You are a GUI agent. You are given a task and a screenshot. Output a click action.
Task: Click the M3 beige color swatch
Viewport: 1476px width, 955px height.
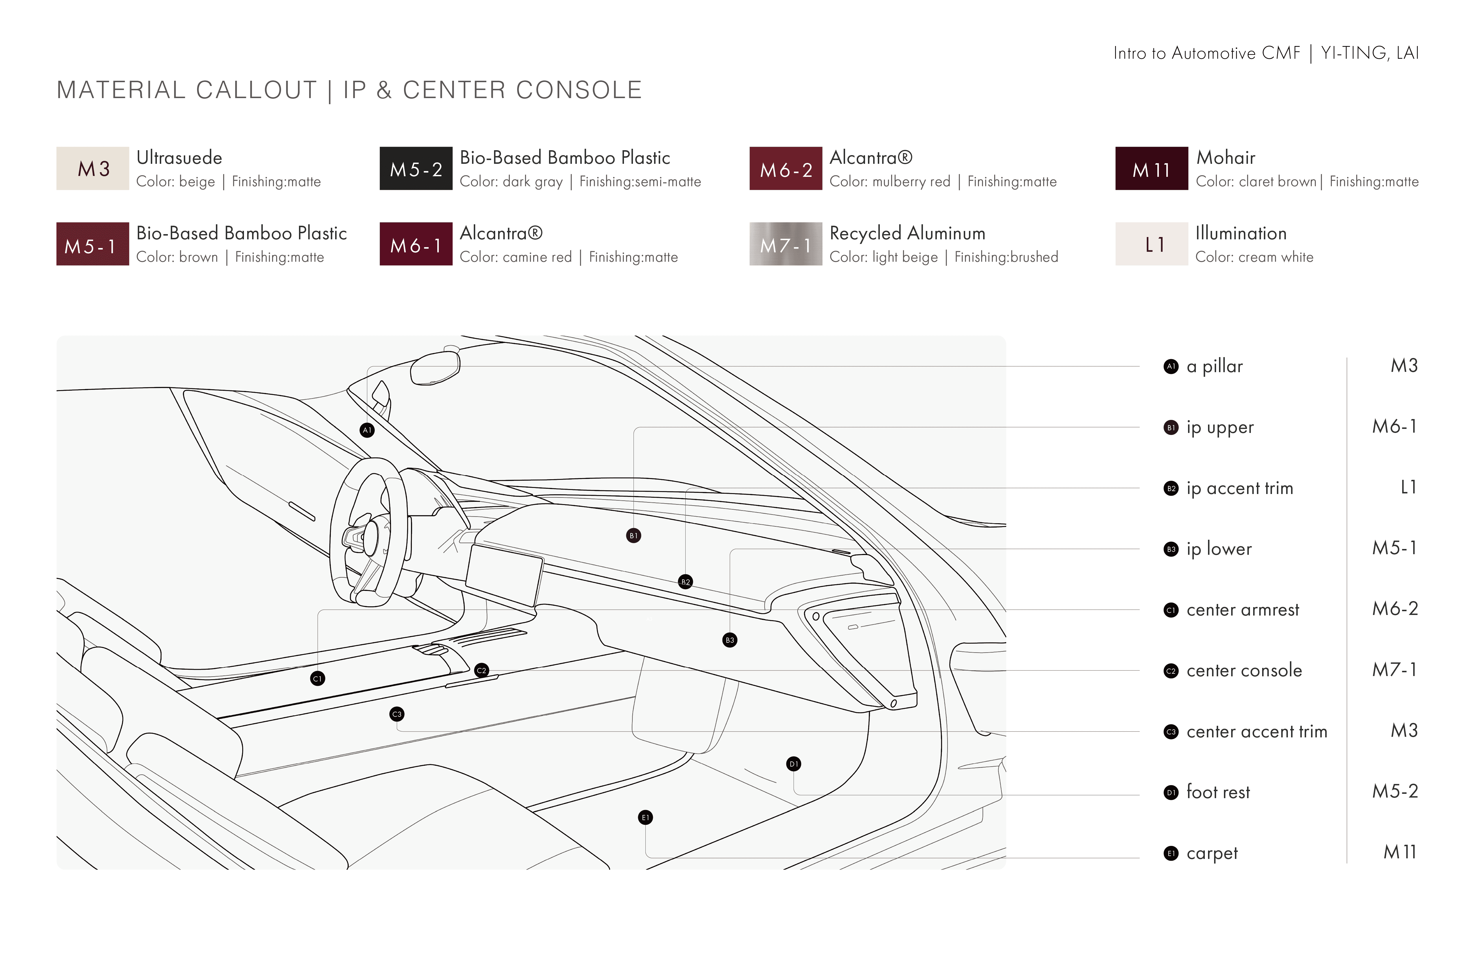click(92, 168)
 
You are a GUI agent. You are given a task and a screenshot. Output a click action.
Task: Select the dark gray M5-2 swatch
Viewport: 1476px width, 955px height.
click(416, 168)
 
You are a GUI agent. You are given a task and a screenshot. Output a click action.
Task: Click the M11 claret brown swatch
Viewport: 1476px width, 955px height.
click(1151, 168)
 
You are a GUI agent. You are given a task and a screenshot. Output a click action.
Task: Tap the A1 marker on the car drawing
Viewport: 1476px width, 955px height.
click(367, 430)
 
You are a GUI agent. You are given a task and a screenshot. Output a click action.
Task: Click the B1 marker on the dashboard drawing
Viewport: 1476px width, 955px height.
click(633, 535)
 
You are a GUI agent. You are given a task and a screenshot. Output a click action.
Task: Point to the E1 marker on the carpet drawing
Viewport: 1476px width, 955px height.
click(645, 817)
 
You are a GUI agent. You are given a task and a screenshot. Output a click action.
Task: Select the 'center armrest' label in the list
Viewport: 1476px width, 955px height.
click(1242, 609)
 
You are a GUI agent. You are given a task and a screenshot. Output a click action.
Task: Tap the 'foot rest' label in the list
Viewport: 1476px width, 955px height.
click(1218, 792)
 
